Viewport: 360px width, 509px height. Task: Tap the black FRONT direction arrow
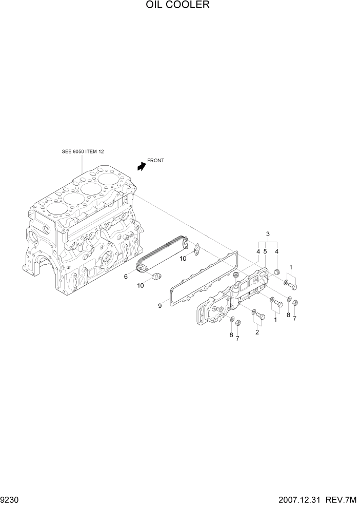pyautogui.click(x=141, y=165)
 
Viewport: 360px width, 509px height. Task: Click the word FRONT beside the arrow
pyautogui.click(x=156, y=161)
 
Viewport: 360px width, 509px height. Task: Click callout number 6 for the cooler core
pyautogui.click(x=126, y=277)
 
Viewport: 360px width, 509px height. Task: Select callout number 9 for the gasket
pyautogui.click(x=159, y=306)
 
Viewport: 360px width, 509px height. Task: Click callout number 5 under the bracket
pyautogui.click(x=265, y=251)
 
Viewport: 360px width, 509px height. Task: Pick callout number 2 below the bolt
pyautogui.click(x=257, y=331)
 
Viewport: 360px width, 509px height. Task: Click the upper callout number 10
pyautogui.click(x=183, y=259)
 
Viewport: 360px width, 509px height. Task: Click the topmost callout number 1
pyautogui.click(x=291, y=267)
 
